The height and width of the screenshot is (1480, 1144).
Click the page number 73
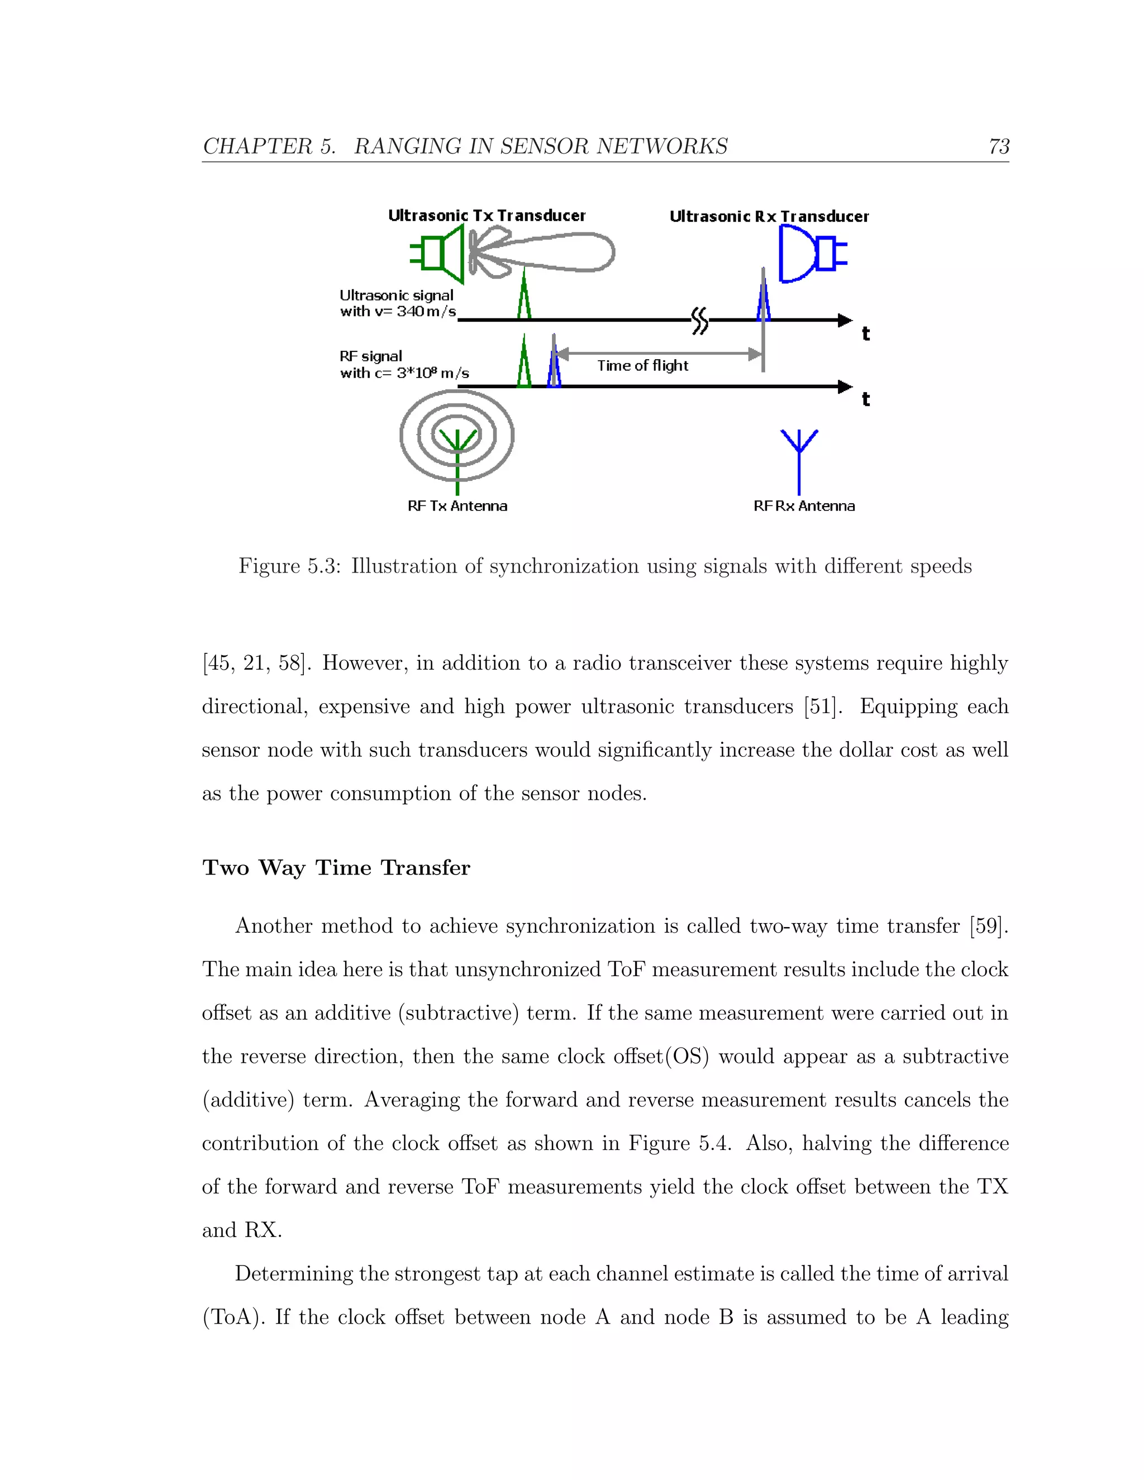[998, 146]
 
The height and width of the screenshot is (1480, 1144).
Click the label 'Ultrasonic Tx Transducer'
[486, 216]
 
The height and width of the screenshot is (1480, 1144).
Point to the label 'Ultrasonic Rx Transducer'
[769, 216]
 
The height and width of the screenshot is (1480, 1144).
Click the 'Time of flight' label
[642, 366]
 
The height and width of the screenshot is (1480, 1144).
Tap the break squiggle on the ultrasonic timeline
[699, 320]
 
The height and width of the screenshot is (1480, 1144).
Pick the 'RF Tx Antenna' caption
[457, 506]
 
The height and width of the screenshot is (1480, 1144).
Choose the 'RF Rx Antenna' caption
[804, 506]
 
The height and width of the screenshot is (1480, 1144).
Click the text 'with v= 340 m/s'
[398, 312]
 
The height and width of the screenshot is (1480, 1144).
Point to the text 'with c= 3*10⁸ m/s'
[404, 373]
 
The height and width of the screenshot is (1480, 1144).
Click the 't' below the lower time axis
[865, 399]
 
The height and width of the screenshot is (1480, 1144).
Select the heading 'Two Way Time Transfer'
[336, 867]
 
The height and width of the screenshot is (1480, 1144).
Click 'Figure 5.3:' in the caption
[289, 566]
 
